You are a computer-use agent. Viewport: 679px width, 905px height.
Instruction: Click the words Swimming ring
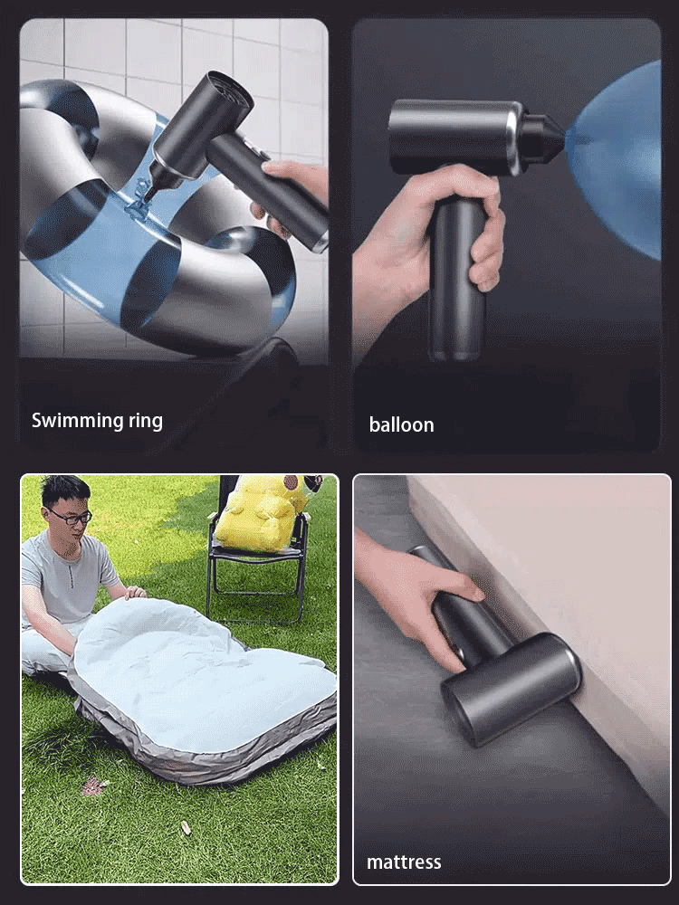pos(97,420)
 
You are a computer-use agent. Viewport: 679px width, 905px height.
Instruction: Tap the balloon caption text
pos(401,424)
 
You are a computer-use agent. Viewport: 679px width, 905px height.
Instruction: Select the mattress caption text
pos(404,862)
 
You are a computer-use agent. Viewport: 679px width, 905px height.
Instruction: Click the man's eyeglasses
pos(70,517)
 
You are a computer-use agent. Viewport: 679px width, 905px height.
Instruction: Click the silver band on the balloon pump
pos(516,138)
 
